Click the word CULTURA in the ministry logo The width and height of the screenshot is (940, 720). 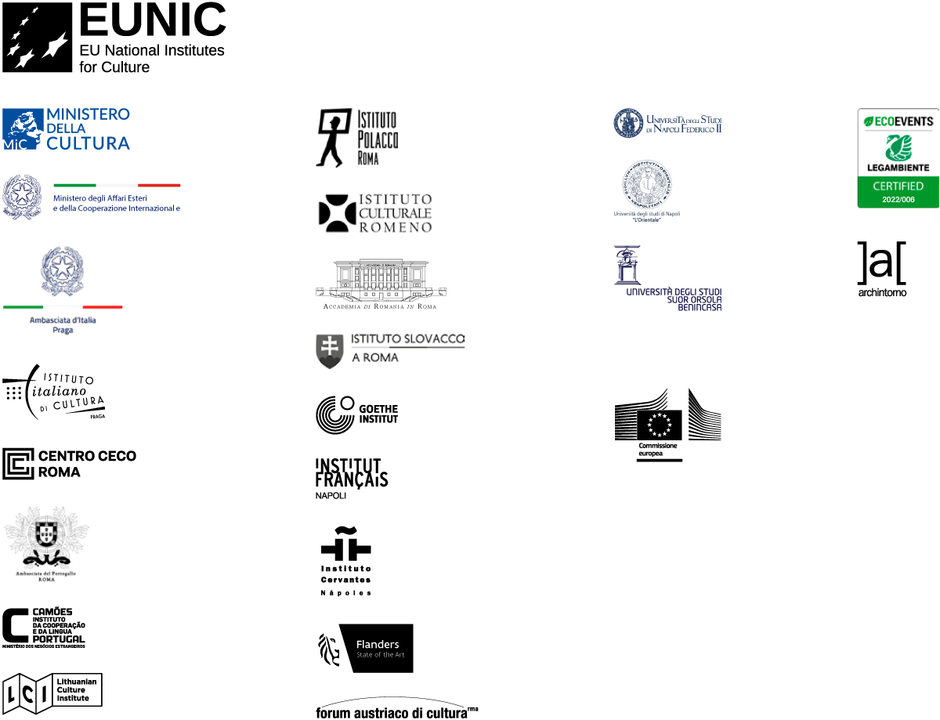coord(88,143)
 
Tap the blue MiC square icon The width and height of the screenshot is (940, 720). coord(22,128)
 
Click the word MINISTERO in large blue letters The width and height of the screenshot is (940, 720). coord(88,114)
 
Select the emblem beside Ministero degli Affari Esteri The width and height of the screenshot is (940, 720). coord(22,196)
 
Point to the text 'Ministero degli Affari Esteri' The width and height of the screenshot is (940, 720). coord(96,198)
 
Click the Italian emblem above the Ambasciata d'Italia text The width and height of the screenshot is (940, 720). coord(62,271)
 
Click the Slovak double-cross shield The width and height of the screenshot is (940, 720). coord(330,353)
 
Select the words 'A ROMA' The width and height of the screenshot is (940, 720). coord(374,358)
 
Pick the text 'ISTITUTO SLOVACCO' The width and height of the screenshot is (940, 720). coord(407,339)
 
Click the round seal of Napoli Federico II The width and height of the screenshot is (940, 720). coord(628,123)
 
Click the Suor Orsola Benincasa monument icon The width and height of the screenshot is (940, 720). coord(627,265)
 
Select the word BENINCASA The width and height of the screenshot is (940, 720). coord(699,308)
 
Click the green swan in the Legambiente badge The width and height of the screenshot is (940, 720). coord(898,147)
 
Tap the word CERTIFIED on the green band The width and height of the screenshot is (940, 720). coord(898,186)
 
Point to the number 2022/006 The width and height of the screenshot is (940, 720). coord(898,200)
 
